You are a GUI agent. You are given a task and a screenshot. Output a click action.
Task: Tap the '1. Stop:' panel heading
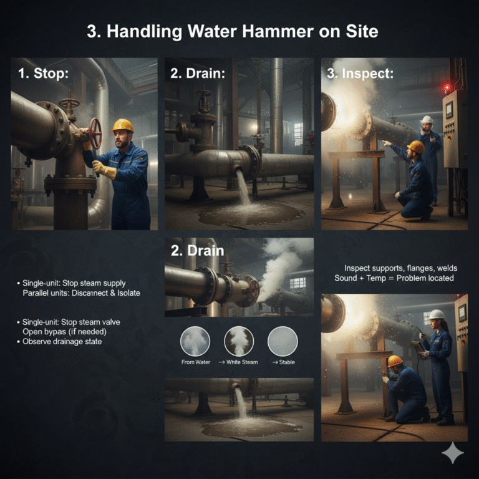(43, 74)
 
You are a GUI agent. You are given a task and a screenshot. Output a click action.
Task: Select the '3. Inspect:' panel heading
(360, 74)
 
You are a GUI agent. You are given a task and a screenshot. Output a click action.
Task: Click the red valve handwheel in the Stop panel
(95, 134)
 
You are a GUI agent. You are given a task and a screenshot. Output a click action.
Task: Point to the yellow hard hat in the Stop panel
(123, 125)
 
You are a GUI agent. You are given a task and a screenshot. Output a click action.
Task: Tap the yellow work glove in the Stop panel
(104, 169)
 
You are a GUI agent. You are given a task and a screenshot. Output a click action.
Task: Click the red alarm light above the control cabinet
(447, 88)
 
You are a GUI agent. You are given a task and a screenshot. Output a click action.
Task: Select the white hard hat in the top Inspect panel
(427, 120)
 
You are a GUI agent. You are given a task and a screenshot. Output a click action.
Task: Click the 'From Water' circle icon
(195, 341)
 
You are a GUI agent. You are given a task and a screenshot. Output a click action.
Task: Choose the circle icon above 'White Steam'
(239, 341)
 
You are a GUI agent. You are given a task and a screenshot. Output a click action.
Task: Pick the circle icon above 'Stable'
(283, 341)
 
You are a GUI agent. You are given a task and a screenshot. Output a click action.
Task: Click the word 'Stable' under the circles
(287, 362)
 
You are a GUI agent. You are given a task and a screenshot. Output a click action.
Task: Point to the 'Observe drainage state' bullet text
(62, 342)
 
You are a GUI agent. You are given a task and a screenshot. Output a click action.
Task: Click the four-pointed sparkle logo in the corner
(453, 453)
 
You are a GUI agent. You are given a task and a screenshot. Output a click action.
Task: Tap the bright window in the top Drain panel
(298, 134)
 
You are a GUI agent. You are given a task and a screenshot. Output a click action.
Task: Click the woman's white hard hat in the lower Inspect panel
(437, 314)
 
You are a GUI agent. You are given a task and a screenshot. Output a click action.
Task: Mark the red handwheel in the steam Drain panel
(254, 289)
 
